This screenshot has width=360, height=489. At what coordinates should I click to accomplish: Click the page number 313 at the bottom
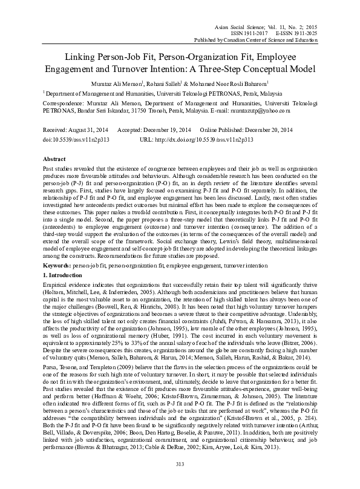pyautogui.click(x=179, y=481)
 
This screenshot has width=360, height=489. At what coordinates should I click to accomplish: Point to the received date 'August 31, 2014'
pyautogui.click(x=88, y=130)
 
